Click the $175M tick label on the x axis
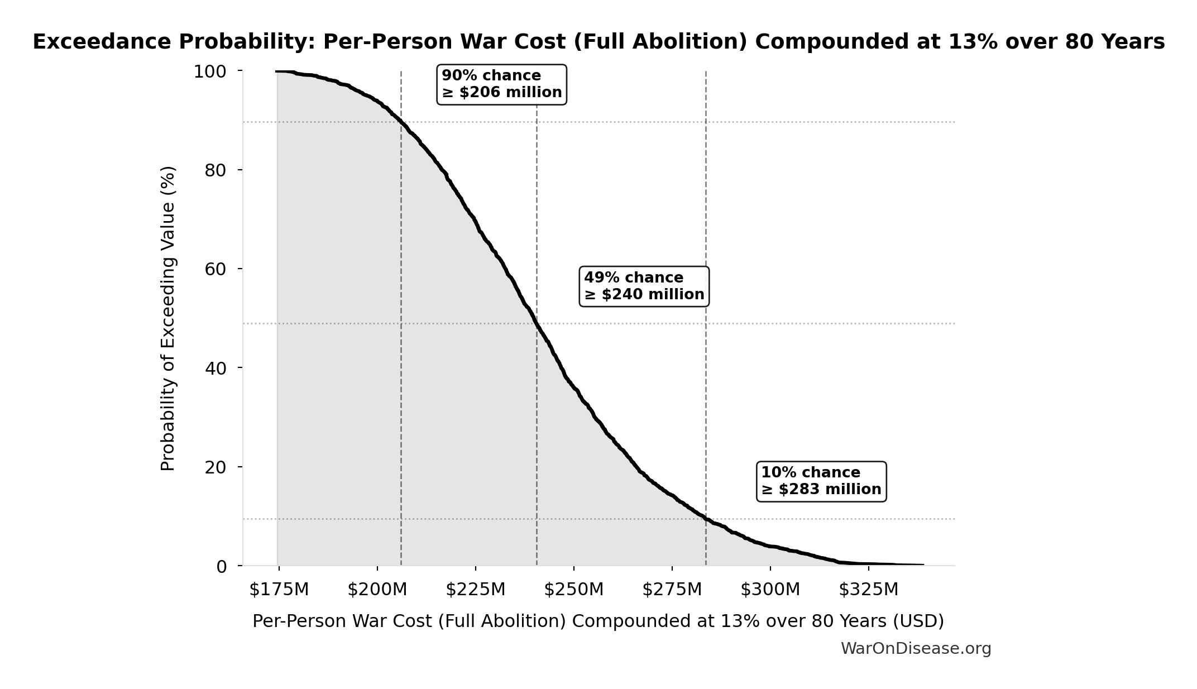(x=279, y=590)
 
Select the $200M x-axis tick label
(x=377, y=590)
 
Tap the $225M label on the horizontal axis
(x=475, y=590)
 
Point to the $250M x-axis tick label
(x=573, y=590)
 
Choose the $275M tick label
(x=672, y=590)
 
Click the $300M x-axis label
(x=770, y=590)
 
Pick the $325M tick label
(x=868, y=590)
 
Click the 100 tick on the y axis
(x=210, y=71)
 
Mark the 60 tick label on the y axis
(x=216, y=269)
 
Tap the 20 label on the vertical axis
(x=216, y=467)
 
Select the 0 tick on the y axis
(x=221, y=567)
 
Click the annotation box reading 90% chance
(x=501, y=84)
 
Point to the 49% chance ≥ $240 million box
(x=644, y=286)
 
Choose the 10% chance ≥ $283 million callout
(x=821, y=481)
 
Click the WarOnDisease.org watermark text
(x=916, y=649)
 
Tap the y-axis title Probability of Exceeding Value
(x=167, y=318)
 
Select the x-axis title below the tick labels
(x=598, y=621)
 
